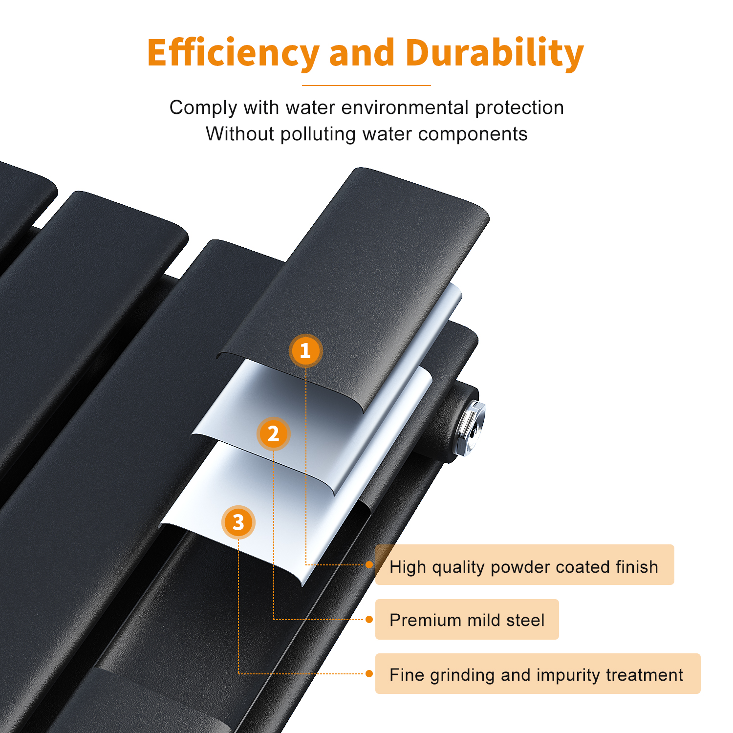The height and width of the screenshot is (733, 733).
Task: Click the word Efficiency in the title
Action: tap(234, 53)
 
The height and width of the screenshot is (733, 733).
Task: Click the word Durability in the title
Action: tap(495, 53)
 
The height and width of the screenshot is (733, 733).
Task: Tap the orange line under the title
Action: tap(366, 86)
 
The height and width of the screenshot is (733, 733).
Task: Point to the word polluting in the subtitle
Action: tap(318, 134)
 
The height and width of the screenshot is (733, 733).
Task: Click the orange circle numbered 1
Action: tap(305, 351)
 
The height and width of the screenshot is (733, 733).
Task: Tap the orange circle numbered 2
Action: tap(274, 434)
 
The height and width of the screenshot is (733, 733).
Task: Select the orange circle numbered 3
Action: tap(238, 522)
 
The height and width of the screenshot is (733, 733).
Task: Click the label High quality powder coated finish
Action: tap(524, 565)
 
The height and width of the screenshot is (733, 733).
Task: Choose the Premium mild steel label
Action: tap(467, 620)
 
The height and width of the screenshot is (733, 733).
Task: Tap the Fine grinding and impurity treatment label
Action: tap(538, 674)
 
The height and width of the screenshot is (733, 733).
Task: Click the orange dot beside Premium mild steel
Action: tap(369, 620)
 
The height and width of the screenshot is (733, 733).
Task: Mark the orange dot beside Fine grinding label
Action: tap(369, 674)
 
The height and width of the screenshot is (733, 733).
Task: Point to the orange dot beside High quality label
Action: tap(369, 565)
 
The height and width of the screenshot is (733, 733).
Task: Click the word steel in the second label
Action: tap(525, 620)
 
